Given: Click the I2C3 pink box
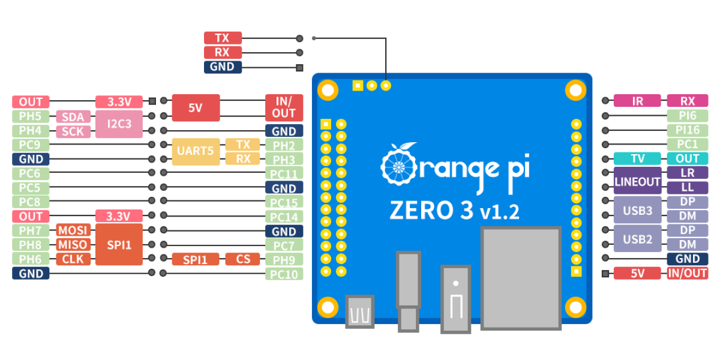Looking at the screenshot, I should point(119,124).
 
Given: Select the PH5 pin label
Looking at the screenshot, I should point(31,116).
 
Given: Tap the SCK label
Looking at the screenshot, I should point(74,131).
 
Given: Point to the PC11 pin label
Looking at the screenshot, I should point(284,174).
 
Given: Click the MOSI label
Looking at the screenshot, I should point(74,230).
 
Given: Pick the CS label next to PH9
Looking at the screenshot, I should point(242,259).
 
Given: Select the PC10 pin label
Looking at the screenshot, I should point(284,274).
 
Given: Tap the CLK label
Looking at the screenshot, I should point(74,259).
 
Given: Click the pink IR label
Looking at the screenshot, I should point(637,101).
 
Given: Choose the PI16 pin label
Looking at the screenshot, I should point(687,130).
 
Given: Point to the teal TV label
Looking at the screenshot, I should point(637,158).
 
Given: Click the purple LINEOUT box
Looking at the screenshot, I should point(637,181).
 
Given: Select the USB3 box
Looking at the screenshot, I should point(637,210).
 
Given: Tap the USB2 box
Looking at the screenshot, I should point(637,239).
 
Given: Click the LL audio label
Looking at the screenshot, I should point(687,188).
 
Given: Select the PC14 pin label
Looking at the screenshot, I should point(284,217).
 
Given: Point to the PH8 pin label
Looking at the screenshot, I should point(31,245).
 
